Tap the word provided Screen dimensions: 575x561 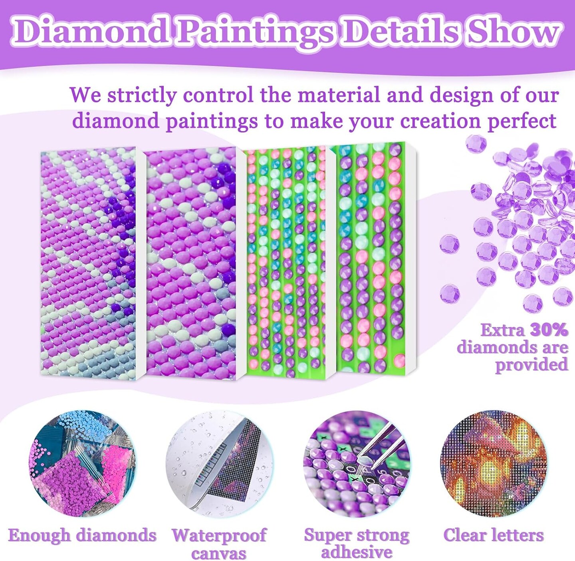532,365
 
